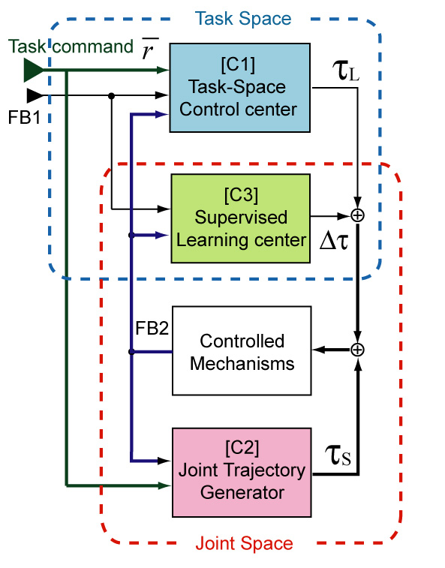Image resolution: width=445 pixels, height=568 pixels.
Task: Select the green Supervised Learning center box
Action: (x=240, y=218)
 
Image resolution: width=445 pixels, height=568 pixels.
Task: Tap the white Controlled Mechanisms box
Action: (x=242, y=350)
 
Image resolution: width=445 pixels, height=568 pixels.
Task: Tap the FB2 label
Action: (x=152, y=328)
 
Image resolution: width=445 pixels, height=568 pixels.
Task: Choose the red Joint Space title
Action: (x=244, y=542)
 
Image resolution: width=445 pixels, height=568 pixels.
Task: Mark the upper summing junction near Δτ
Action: (x=358, y=215)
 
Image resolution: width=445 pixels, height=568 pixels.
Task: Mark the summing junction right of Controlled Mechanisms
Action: (x=358, y=350)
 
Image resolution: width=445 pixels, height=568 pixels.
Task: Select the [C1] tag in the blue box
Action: (x=240, y=58)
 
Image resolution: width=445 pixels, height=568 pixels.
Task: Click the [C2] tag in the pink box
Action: (x=242, y=448)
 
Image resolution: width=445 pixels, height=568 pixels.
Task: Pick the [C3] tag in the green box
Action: (x=240, y=196)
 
